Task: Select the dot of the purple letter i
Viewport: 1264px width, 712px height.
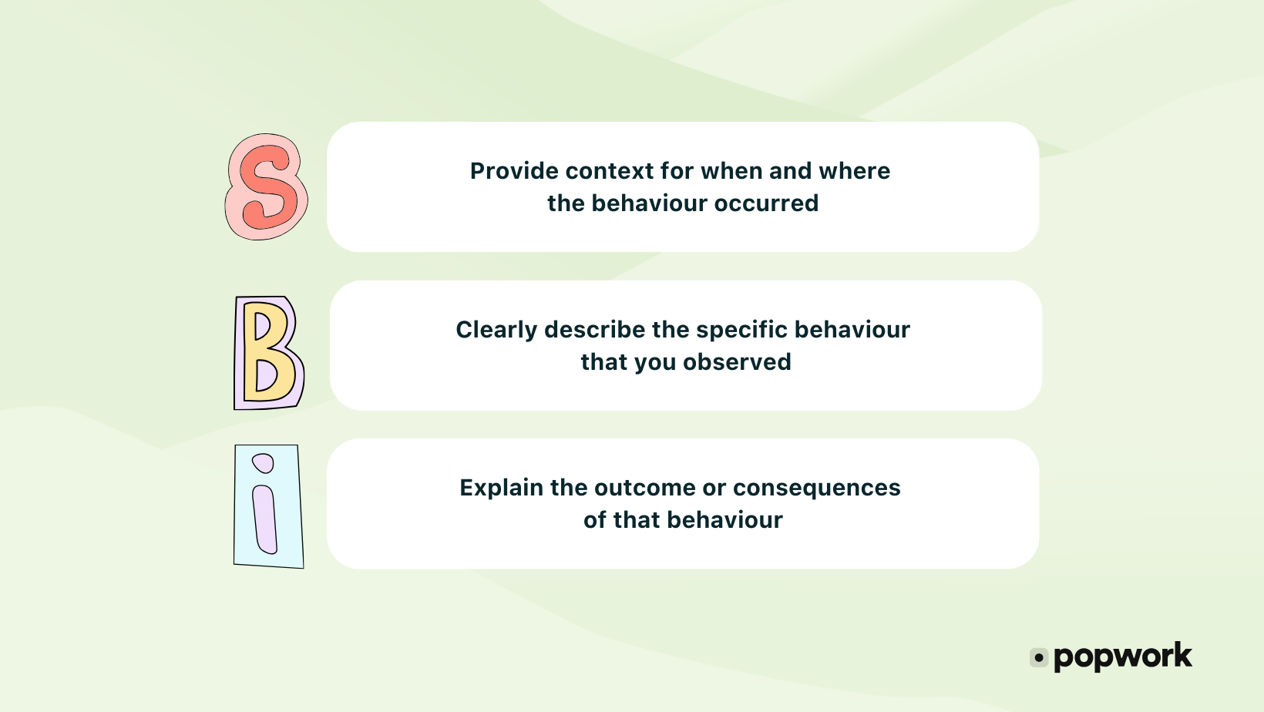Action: coord(264,463)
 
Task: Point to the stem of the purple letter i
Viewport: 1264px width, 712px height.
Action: coord(265,519)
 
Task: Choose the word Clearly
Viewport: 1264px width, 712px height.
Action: coord(496,330)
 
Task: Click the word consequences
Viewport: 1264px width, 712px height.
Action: coord(816,488)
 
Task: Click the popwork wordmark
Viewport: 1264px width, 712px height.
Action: coord(1122,657)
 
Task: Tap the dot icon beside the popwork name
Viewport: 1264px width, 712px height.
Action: coord(1039,658)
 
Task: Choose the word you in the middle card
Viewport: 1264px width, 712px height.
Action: coord(655,363)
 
